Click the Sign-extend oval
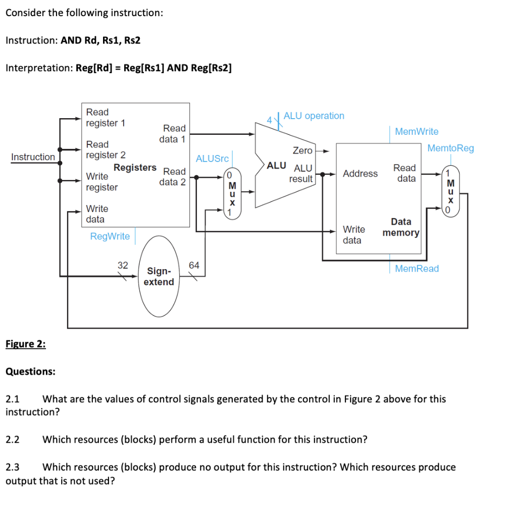point(159,276)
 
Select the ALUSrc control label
point(212,159)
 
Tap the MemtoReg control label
point(450,148)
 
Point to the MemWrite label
point(417,131)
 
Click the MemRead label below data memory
point(417,269)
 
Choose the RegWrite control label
point(110,236)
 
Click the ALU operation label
point(314,116)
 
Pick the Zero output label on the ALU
point(302,150)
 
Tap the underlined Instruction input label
point(33,157)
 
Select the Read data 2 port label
point(172,176)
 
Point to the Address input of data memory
point(360,173)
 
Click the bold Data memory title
point(401,227)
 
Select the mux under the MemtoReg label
point(451,191)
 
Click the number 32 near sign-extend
point(123,265)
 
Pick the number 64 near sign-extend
point(194,265)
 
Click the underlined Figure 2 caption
point(25,344)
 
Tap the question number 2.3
point(12,467)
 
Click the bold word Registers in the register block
point(135,167)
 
